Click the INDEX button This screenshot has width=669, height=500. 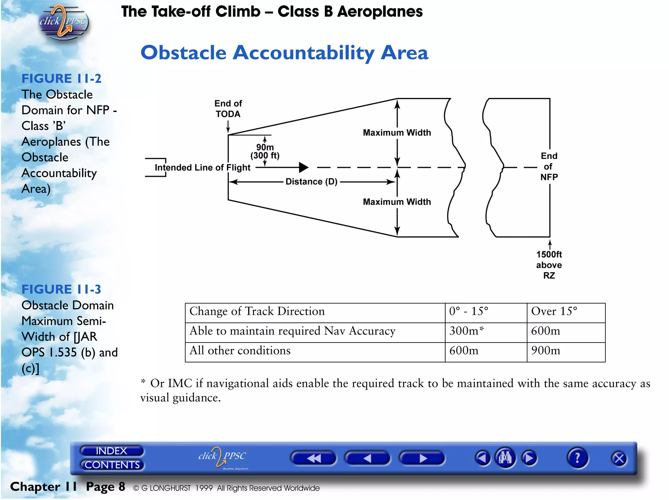(x=111, y=451)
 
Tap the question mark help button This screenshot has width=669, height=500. (x=577, y=458)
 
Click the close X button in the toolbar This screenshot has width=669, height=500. (x=619, y=459)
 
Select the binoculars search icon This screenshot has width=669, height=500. (x=505, y=458)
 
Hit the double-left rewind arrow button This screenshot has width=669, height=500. (x=313, y=458)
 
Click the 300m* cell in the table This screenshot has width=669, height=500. (x=466, y=331)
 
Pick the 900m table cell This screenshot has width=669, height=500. (x=546, y=351)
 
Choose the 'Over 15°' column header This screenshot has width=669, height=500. (x=554, y=311)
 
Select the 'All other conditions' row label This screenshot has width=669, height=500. (x=240, y=351)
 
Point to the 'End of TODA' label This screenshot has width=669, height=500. (x=228, y=109)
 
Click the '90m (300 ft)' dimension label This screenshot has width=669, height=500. (x=265, y=151)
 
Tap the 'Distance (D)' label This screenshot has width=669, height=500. (x=311, y=182)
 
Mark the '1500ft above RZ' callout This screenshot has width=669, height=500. (x=549, y=265)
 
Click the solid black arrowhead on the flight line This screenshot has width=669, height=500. (x=303, y=167)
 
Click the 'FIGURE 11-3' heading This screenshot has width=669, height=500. (x=61, y=289)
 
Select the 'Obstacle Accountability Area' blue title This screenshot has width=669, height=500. (x=284, y=53)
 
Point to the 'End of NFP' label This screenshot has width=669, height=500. (x=549, y=167)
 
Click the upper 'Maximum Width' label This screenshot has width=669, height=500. (x=397, y=133)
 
